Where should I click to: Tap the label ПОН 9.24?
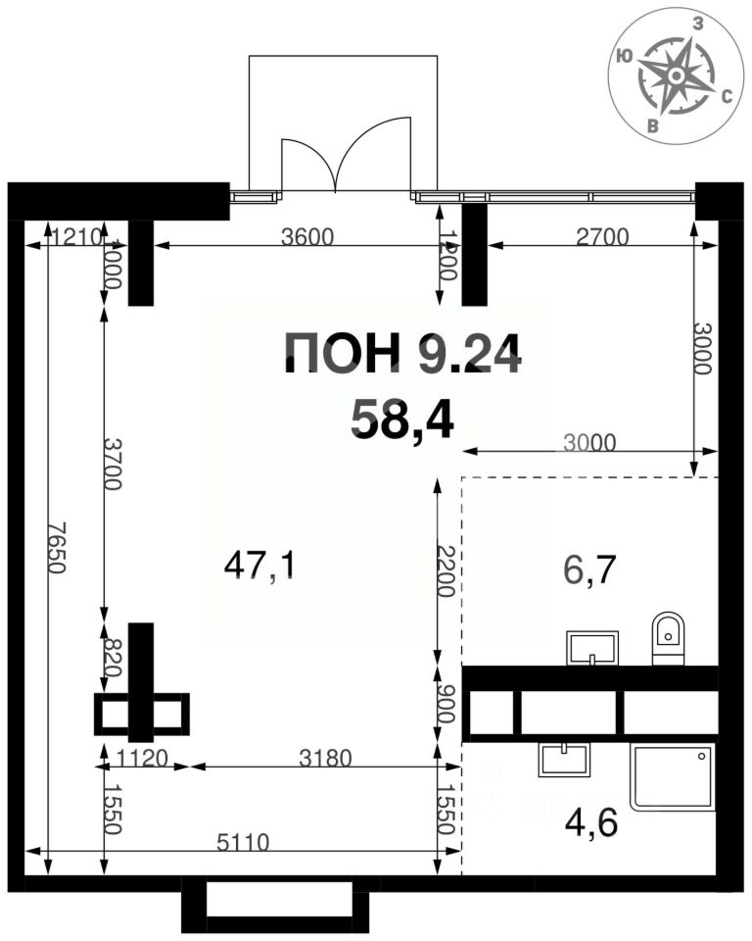click(x=401, y=354)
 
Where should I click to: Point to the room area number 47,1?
click(x=259, y=565)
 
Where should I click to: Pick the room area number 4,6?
click(x=591, y=820)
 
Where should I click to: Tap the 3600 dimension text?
click(x=306, y=236)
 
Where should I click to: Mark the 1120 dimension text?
click(x=142, y=757)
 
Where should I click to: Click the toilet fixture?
click(x=668, y=638)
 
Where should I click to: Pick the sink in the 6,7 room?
click(x=592, y=648)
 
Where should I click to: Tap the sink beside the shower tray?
click(x=563, y=760)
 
